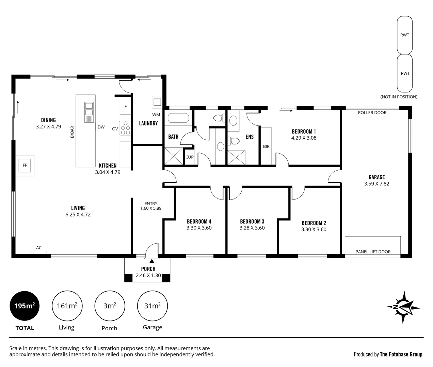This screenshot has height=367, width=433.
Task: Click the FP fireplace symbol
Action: click(25, 165)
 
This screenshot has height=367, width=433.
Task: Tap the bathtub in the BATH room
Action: click(178, 118)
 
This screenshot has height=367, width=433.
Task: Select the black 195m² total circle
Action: click(25, 306)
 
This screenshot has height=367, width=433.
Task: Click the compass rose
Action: click(403, 307)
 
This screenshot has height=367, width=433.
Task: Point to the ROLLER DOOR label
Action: click(372, 113)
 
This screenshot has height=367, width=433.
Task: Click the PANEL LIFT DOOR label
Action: click(373, 252)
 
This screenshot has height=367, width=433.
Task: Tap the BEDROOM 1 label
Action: click(304, 132)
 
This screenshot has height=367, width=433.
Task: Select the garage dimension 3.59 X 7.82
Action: click(376, 184)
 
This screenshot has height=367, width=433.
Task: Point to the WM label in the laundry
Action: click(156, 115)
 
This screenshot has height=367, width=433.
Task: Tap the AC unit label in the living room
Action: click(39, 248)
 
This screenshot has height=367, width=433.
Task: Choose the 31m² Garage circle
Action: click(153, 306)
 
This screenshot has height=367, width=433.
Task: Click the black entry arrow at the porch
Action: click(152, 261)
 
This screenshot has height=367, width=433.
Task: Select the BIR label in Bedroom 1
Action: click(266, 146)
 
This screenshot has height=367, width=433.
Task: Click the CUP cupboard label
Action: click(189, 157)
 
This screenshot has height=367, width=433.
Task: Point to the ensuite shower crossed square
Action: click(236, 157)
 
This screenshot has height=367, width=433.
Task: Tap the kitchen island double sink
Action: click(89, 112)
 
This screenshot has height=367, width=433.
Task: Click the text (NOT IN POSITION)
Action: click(399, 97)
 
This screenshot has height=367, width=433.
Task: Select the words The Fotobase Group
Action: click(401, 354)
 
